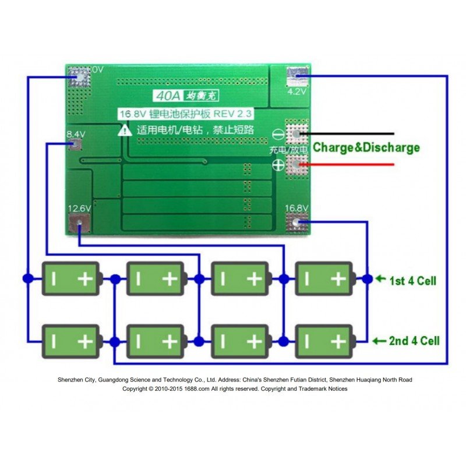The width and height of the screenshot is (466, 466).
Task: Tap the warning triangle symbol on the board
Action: coord(125,130)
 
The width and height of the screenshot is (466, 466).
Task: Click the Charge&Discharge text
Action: coord(366,147)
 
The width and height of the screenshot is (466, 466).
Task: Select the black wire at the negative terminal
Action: coord(349,133)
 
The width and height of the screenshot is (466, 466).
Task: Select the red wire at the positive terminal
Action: coord(349,165)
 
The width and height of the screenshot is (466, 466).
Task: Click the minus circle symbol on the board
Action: coord(278,133)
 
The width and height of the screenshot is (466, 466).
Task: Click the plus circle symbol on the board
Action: coord(278,165)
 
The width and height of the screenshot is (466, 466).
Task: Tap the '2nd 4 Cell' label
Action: coord(414,341)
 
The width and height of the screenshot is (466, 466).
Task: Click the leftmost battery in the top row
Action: coord(71,279)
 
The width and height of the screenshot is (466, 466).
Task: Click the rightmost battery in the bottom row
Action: coord(325,340)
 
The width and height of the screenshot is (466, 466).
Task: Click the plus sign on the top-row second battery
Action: coord(170,279)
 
